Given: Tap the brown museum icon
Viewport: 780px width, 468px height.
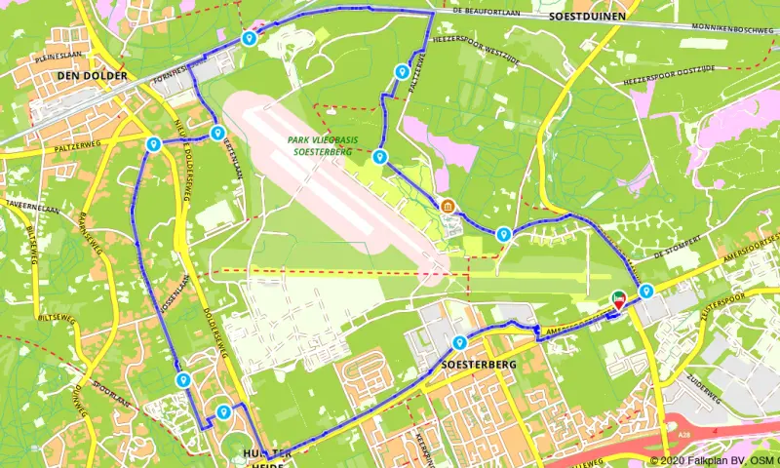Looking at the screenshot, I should (448, 206).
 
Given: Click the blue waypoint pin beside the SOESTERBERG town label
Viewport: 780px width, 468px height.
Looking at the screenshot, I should (459, 342).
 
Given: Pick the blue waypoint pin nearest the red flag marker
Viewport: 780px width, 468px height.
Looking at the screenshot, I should (645, 290).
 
